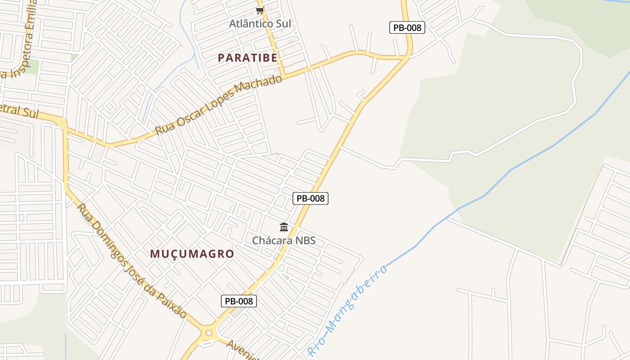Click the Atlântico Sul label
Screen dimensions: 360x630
(x=260, y=23)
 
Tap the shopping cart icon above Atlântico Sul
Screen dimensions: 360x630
(x=260, y=10)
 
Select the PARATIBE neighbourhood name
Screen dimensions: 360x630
(x=247, y=58)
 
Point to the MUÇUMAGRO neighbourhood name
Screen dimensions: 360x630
(x=192, y=254)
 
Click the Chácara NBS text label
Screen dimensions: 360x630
(x=283, y=240)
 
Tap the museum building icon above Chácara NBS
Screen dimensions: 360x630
(x=284, y=227)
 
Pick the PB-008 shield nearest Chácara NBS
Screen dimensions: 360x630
(x=310, y=198)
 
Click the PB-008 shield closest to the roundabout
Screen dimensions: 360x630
(x=239, y=301)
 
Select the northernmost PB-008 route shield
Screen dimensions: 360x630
(x=407, y=27)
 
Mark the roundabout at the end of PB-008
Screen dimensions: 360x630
(x=208, y=333)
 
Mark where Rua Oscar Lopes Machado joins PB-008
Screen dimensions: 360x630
(x=407, y=57)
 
